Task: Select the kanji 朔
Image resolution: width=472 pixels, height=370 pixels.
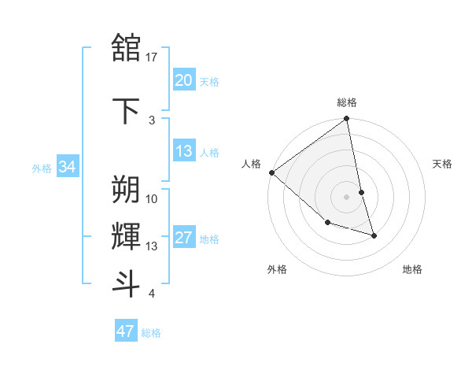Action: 127,189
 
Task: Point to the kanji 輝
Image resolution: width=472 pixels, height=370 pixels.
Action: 127,236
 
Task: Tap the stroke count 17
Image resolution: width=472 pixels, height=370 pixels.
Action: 152,57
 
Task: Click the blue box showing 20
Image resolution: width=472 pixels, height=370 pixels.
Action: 183,80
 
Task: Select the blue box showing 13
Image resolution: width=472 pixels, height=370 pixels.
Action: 183,152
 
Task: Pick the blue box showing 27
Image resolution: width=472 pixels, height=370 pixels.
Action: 183,239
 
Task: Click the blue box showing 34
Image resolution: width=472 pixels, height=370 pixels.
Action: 68,167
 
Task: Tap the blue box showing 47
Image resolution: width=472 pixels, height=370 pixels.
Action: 125,331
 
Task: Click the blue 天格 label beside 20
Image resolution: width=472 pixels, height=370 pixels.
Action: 209,82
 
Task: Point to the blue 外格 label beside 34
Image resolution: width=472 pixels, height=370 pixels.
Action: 42,168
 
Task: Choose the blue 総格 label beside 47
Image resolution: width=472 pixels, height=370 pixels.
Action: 151,333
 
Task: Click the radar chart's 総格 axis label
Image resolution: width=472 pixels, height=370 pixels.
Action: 347,102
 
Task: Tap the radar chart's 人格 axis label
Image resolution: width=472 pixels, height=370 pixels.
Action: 252,164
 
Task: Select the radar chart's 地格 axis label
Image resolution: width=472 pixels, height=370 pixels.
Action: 412,269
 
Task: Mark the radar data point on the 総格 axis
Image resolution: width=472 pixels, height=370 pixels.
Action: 347,120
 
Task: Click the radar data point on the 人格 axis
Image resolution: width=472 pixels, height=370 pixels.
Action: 271,172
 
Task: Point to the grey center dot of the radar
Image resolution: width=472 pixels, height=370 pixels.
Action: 347,197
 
